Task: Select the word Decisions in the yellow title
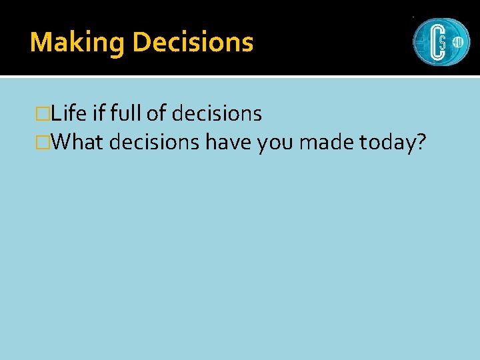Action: coord(193,43)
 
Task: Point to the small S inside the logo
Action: coord(442,42)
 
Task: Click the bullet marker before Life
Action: coord(44,114)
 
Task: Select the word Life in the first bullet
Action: coord(69,114)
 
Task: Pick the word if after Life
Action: coord(99,114)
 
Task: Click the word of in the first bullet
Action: coord(156,114)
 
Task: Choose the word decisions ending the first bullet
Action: coord(217,114)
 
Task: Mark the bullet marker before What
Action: coord(44,142)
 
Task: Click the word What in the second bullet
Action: coord(75,142)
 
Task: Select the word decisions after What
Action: coord(154,142)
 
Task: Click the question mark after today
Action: coord(420,142)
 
